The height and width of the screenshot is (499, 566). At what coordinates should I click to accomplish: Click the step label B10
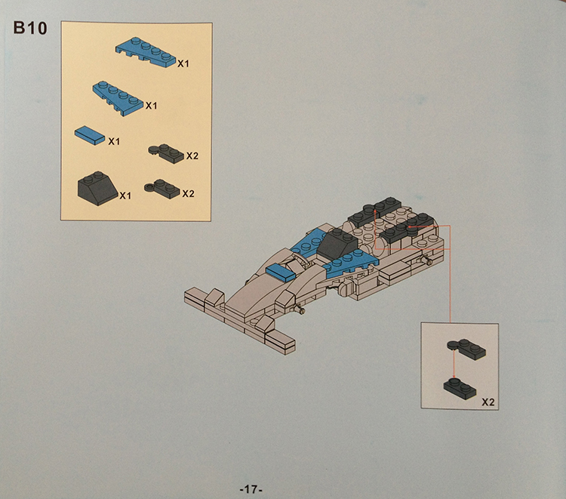coord(30,28)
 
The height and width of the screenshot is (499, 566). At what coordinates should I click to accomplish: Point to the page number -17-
coord(251,490)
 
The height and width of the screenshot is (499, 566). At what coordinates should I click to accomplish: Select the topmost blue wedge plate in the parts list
coord(146,53)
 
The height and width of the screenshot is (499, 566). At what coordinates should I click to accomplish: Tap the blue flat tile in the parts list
coord(90,135)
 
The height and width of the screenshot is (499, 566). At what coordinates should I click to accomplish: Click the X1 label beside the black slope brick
coord(125,196)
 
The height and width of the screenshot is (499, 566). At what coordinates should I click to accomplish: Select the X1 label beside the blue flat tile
coord(114,141)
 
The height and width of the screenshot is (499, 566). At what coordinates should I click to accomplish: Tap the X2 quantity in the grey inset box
coord(488,402)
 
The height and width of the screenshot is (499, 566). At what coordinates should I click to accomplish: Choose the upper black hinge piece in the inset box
coord(466,349)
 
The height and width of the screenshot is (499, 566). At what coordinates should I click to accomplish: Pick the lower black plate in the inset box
coord(460,389)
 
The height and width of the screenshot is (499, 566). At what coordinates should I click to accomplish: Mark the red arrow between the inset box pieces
coord(454,365)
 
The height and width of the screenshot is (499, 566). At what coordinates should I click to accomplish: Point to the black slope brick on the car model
coord(337,244)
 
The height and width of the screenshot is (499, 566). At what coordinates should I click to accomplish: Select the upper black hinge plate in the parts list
coord(166,153)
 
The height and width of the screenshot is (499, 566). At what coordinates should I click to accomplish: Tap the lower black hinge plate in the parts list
coord(162,189)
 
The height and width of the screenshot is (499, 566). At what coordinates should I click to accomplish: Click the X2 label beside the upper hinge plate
coord(192,156)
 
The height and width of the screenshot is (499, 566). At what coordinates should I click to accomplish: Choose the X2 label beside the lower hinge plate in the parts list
coord(188,194)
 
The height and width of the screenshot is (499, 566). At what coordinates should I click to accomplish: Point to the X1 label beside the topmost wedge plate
coord(183,64)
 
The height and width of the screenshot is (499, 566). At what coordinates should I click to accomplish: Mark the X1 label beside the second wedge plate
coord(151,106)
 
